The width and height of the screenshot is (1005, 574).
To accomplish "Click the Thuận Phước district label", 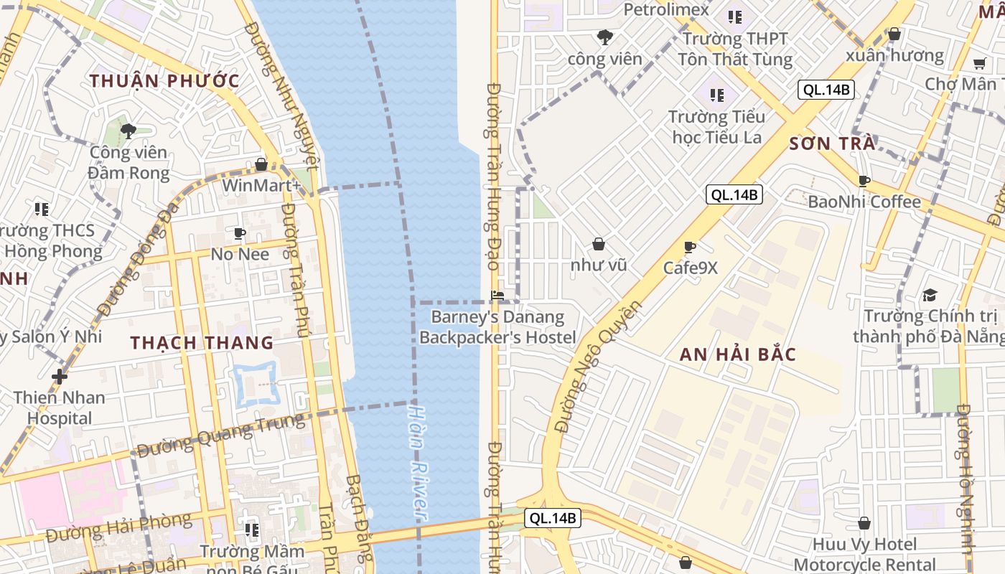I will tap(164, 80).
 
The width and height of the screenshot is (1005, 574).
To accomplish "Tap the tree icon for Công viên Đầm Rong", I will tap(128, 131).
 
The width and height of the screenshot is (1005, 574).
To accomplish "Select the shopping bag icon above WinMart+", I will tap(261, 164).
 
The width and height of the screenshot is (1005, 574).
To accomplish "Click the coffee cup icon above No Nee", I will tap(240, 233).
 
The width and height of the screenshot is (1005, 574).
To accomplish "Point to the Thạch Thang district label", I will tap(202, 342).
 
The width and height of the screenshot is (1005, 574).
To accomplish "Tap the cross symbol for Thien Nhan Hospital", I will tap(60, 376).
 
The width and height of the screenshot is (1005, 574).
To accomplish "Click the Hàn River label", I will tap(418, 464).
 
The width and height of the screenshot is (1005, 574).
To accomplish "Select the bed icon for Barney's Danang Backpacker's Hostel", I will tap(497, 295).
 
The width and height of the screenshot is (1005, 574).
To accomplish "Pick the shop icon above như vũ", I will tap(598, 244).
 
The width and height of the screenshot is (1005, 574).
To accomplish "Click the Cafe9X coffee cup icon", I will tap(690, 247).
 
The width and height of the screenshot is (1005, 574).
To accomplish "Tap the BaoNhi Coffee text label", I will tap(864, 202).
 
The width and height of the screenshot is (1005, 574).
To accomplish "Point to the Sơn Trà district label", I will tap(832, 143).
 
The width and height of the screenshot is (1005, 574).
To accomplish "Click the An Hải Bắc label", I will tap(738, 354).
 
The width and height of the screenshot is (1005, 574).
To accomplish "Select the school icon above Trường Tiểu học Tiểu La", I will tap(716, 95).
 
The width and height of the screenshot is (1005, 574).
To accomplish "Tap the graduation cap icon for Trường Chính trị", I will tap(930, 295).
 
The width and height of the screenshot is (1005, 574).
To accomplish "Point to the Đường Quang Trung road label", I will tap(220, 436).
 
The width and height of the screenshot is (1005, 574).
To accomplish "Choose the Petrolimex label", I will tap(666, 9).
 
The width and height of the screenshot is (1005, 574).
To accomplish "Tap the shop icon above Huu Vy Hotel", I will tap(864, 523).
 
